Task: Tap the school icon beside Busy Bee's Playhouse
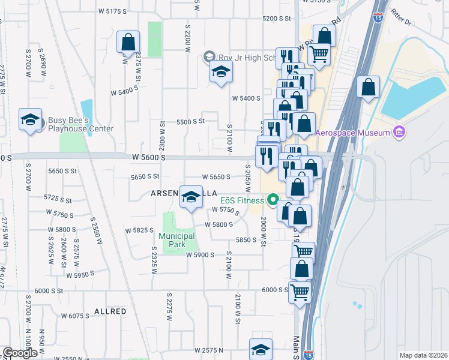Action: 30,120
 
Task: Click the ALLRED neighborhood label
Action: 110,311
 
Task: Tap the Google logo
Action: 20,353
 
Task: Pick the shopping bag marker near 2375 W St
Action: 128,43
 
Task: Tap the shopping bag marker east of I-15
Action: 368,87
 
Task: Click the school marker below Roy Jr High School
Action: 221,73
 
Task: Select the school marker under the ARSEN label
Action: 191,198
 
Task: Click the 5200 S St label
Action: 276,19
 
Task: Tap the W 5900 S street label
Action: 200,255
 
